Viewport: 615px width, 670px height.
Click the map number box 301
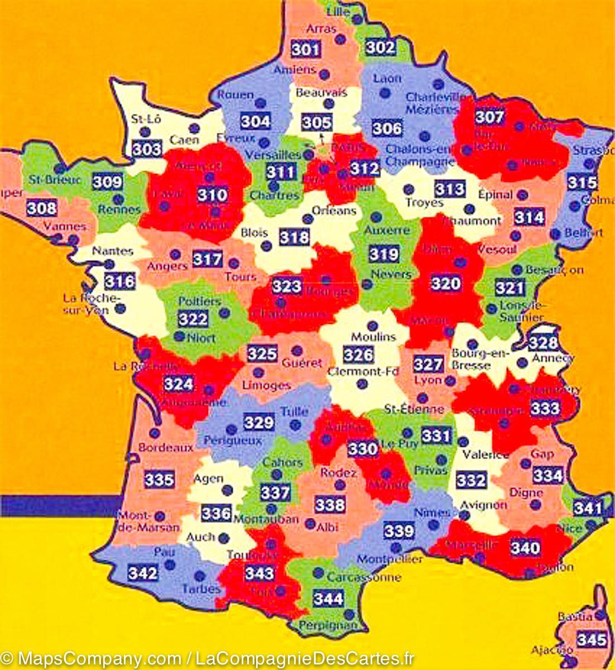click(x=306, y=49)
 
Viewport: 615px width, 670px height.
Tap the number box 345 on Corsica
click(x=592, y=639)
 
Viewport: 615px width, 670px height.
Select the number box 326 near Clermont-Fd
click(x=358, y=355)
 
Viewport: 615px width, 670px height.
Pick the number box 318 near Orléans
click(x=294, y=237)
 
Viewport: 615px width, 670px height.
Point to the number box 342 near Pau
click(x=143, y=572)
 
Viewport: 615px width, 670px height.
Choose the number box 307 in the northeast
click(x=489, y=117)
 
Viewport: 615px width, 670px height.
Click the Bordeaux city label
click(x=166, y=447)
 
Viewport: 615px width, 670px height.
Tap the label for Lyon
click(x=428, y=380)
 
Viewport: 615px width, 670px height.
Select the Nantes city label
click(x=113, y=251)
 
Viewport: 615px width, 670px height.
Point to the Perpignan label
click(x=328, y=625)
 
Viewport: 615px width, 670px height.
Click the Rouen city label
click(x=235, y=94)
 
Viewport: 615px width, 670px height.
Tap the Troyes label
click(x=424, y=203)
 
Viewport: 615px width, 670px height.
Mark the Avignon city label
click(x=483, y=505)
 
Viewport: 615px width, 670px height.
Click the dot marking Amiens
click(x=324, y=74)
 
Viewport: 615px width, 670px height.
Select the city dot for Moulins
click(x=372, y=325)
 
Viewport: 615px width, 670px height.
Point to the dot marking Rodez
click(x=339, y=485)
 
